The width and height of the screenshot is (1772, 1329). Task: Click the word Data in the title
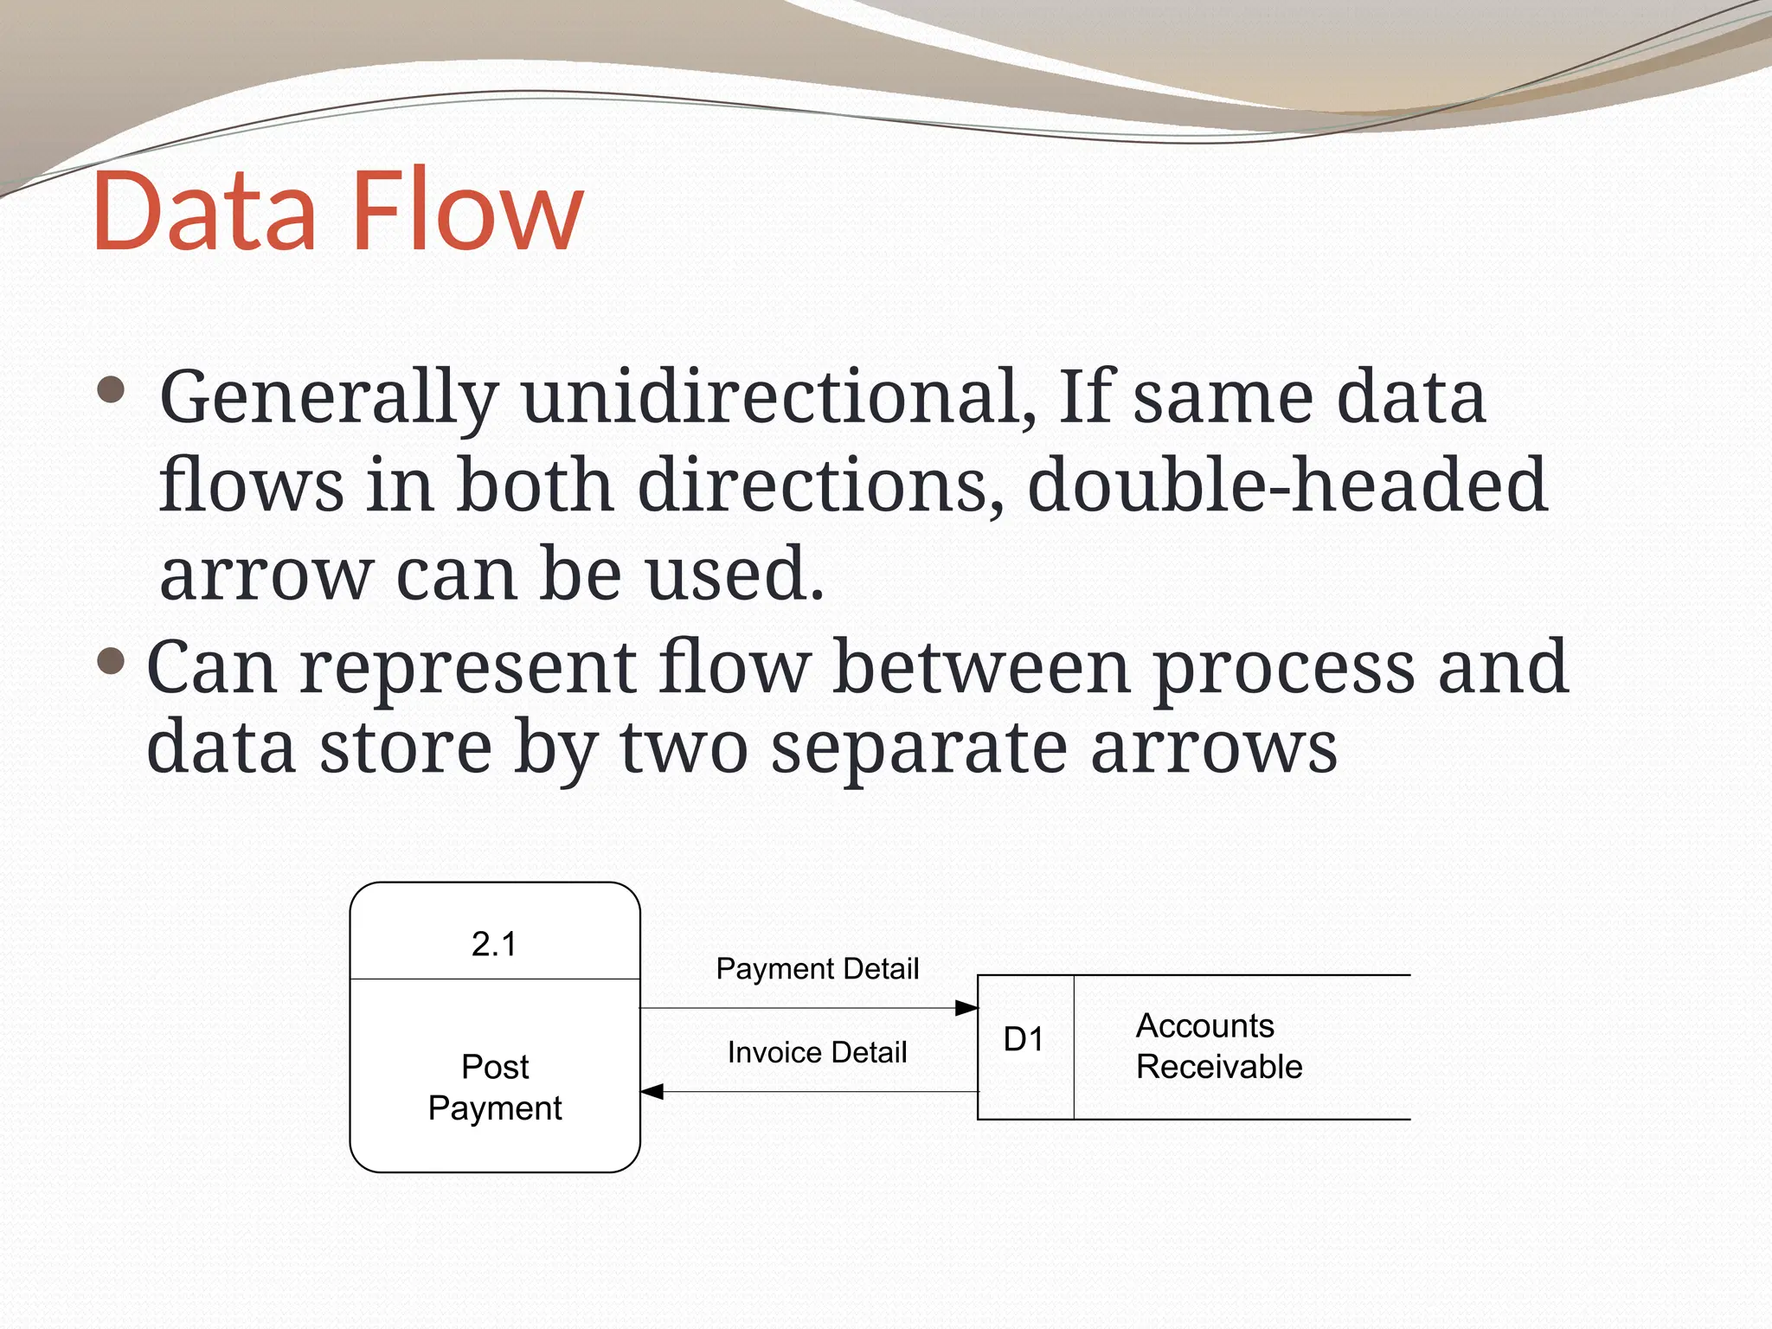[x=204, y=212]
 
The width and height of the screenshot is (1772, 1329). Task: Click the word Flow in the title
[x=468, y=212]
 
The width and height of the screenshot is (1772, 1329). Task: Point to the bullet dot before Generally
[x=111, y=390]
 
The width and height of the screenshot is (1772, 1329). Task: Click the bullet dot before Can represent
[x=111, y=663]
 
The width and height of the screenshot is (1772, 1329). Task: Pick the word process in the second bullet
[x=1284, y=668]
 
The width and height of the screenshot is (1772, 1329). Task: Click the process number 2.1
[x=494, y=944]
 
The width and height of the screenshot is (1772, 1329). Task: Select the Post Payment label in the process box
[x=495, y=1088]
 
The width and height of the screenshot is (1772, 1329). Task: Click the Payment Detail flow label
[x=817, y=969]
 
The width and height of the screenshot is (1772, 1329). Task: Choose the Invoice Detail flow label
[x=817, y=1053]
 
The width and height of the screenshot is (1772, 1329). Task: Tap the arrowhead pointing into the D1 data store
[x=967, y=1008]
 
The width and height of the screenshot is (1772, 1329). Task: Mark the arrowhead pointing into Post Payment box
[x=652, y=1092]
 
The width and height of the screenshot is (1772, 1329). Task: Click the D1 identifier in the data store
[x=1024, y=1040]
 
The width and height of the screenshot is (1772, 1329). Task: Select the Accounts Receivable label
[x=1218, y=1046]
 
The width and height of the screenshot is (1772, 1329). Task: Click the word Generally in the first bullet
[x=330, y=398]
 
